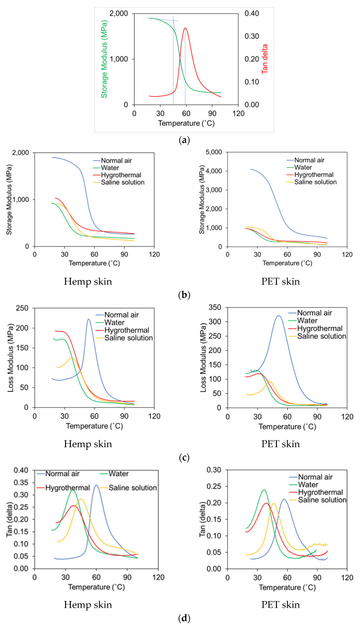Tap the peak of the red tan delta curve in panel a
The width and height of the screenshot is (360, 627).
coord(185,28)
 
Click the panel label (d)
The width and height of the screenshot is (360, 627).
coord(180,617)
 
